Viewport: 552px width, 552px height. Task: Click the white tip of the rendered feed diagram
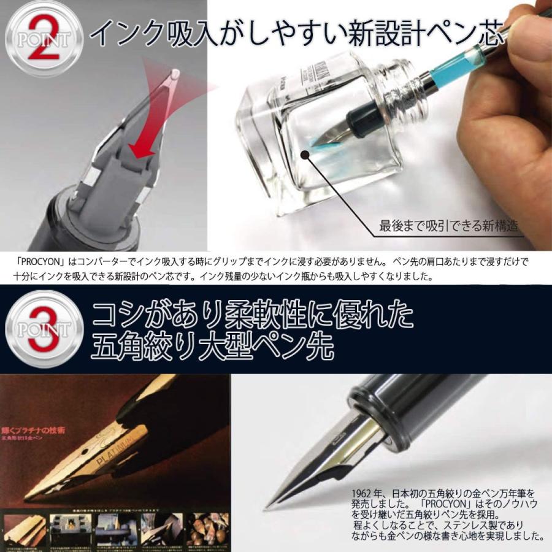(175, 74)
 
